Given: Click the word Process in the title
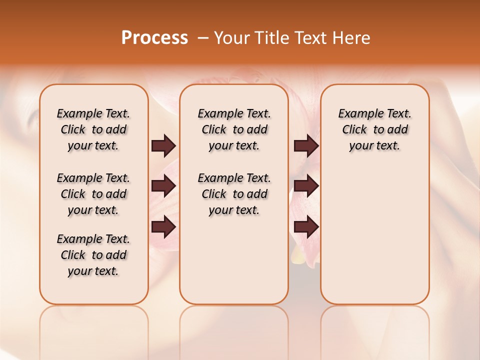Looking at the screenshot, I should point(154,38).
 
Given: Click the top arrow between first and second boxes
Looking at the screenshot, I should point(163,146).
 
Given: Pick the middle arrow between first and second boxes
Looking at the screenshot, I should point(163,186).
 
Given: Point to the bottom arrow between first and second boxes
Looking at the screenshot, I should point(163,226).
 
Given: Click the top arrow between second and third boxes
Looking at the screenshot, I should point(306,146).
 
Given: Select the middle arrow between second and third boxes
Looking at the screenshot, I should point(306,186).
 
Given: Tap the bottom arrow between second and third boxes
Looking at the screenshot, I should point(306,226).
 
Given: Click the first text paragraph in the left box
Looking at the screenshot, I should point(93,129).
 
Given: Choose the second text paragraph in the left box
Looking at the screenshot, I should point(93,194).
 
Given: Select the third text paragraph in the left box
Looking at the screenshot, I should point(93,255).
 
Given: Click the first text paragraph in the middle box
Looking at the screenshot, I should point(234,129).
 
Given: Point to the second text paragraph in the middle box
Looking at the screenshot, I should point(234,194).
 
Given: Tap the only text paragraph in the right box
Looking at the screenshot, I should point(374,129).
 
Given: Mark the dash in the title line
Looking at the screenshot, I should point(203,38).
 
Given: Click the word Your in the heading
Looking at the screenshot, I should point(232,38).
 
